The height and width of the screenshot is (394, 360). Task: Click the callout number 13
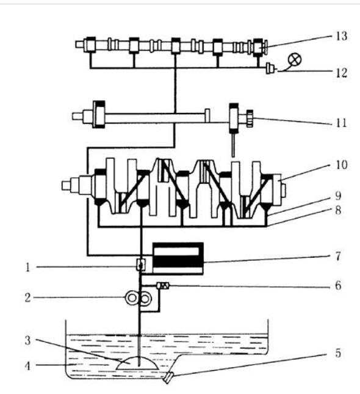pyautogui.click(x=342, y=36)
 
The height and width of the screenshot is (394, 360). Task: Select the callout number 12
pyautogui.click(x=342, y=73)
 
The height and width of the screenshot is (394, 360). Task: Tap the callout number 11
pyautogui.click(x=341, y=123)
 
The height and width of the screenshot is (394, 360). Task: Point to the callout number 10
pyautogui.click(x=342, y=165)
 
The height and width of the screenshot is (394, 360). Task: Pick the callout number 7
pyautogui.click(x=338, y=257)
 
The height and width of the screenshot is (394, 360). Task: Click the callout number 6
pyautogui.click(x=338, y=285)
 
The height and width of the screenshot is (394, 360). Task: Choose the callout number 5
pyautogui.click(x=338, y=353)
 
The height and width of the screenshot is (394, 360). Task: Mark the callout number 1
pyautogui.click(x=28, y=268)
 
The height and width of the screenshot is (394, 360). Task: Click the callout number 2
pyautogui.click(x=27, y=298)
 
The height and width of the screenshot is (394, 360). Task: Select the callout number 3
pyautogui.click(x=27, y=340)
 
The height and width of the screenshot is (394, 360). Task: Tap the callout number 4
pyautogui.click(x=27, y=366)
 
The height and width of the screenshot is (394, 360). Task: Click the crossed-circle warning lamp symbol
pyautogui.click(x=295, y=60)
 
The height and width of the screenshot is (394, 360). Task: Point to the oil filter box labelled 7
pyautogui.click(x=178, y=258)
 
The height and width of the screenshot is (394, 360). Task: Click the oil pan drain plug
pyautogui.click(x=168, y=377)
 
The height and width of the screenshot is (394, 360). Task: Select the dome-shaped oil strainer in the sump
pyautogui.click(x=137, y=363)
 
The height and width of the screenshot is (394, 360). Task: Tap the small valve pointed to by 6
pyautogui.click(x=163, y=286)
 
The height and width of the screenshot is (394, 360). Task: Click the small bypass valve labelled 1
pyautogui.click(x=141, y=265)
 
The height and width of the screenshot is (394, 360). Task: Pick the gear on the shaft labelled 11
pyautogui.click(x=250, y=119)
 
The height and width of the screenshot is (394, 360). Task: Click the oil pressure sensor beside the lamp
pyautogui.click(x=270, y=68)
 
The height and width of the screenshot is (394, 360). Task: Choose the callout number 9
pyautogui.click(x=338, y=195)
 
